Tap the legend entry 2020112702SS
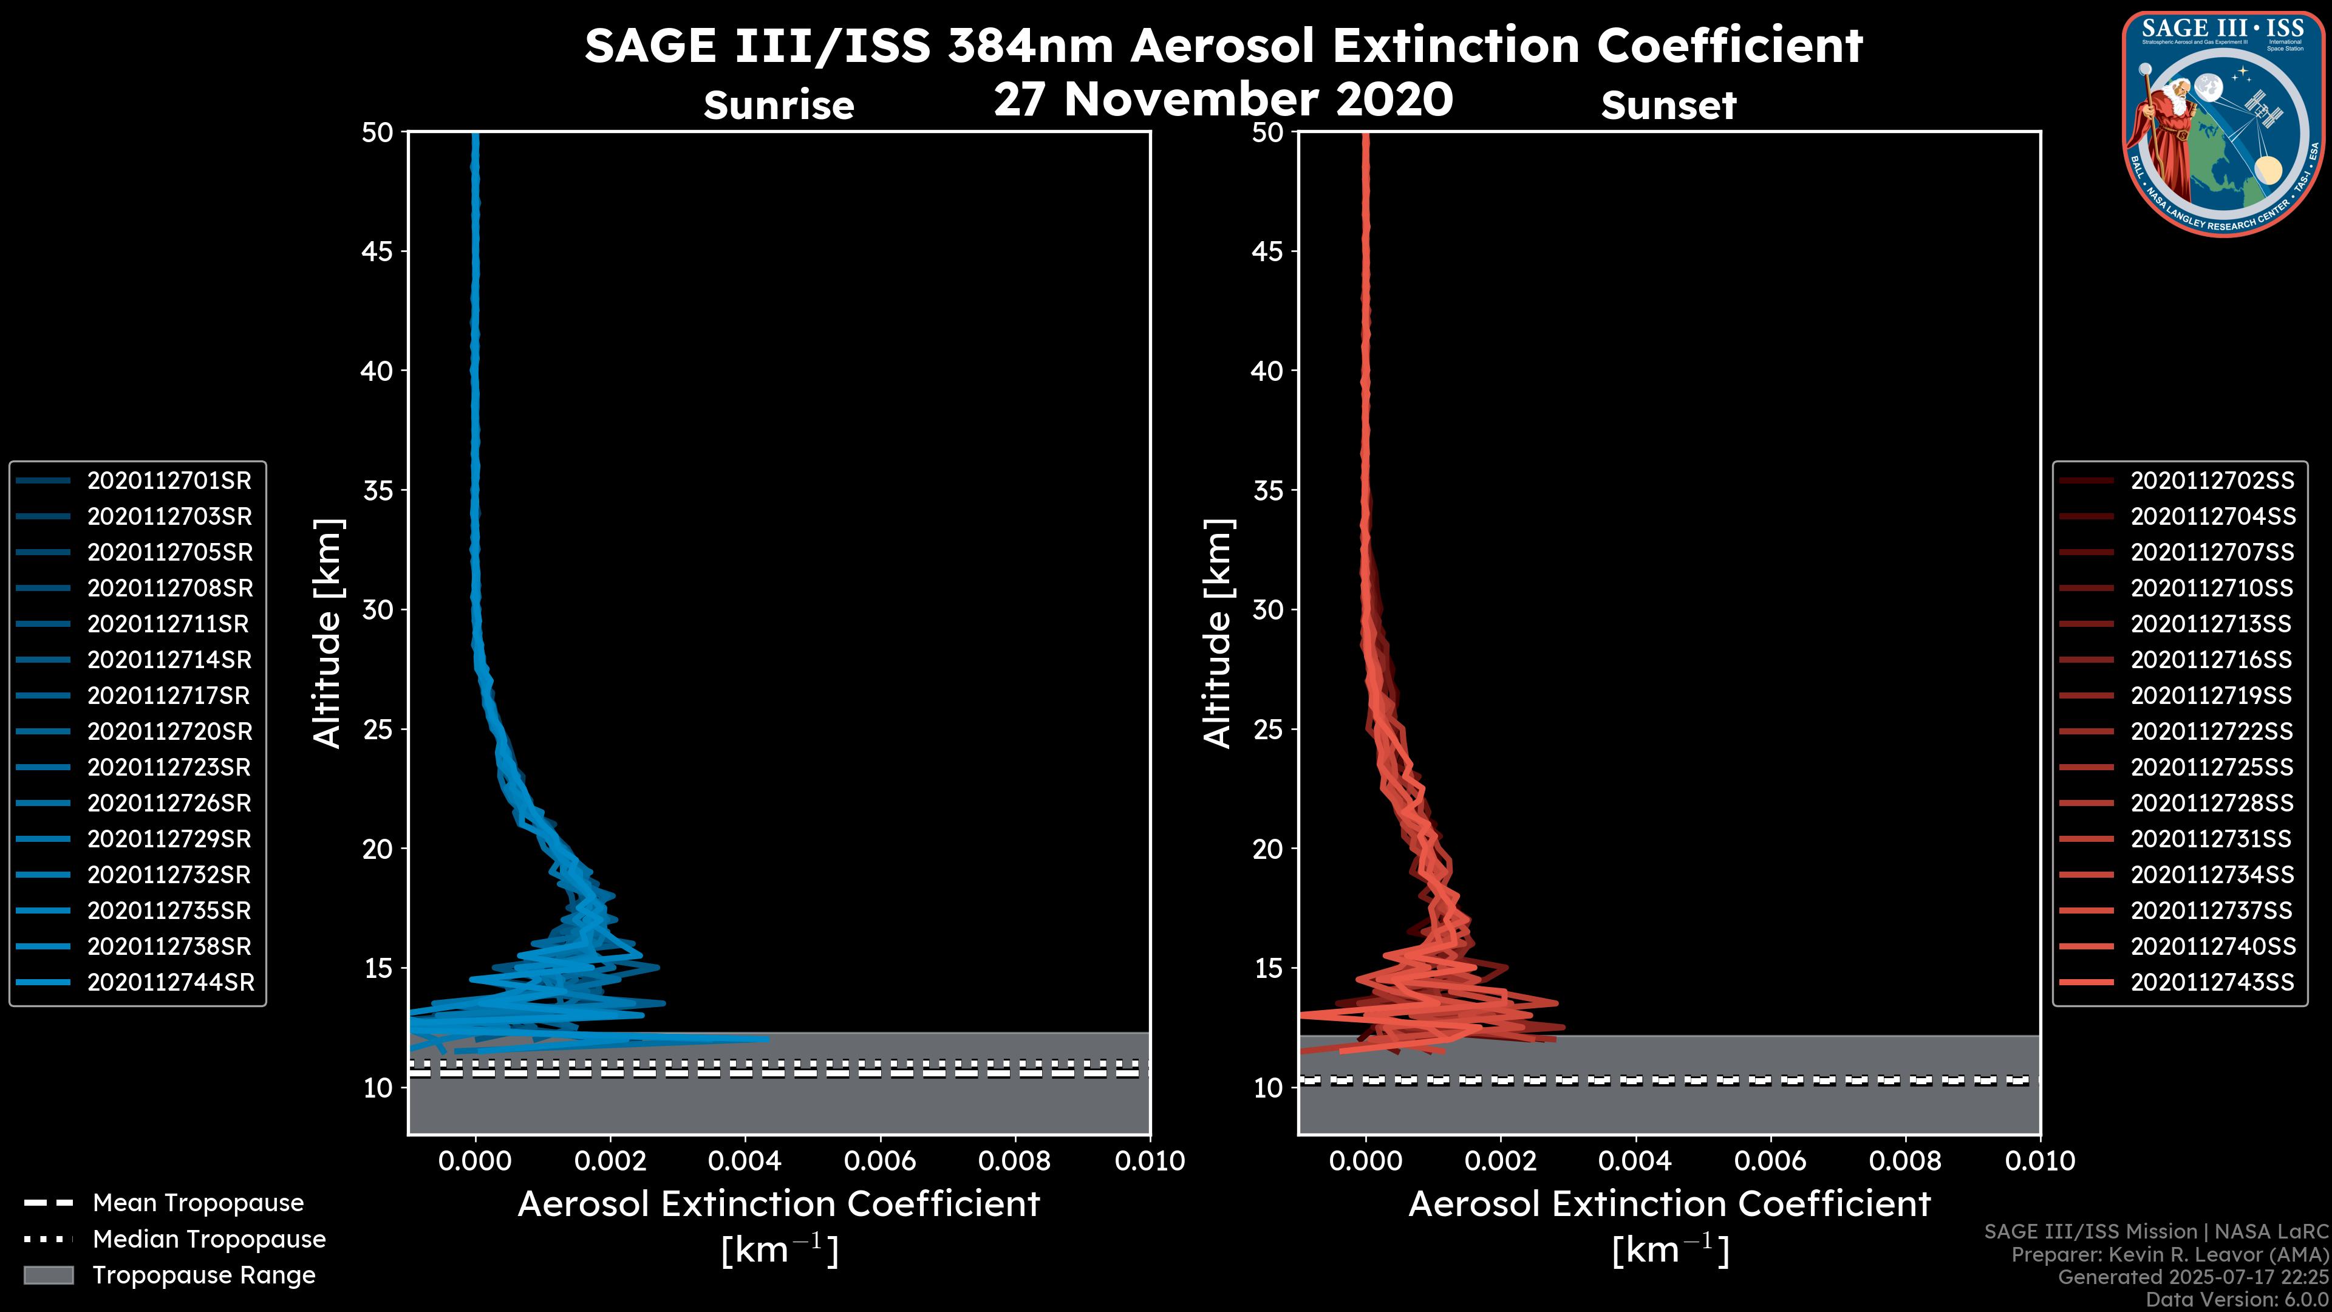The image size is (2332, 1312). (2212, 481)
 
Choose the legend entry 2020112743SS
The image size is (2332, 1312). (2212, 982)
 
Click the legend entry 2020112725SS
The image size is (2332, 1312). (2212, 768)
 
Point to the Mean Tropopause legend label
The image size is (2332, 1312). (198, 1203)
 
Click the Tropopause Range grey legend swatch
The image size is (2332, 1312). (48, 1275)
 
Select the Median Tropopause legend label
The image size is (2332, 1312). (209, 1240)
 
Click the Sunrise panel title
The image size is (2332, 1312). (779, 106)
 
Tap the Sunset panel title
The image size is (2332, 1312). (1668, 106)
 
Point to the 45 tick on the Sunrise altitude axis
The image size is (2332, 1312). (378, 251)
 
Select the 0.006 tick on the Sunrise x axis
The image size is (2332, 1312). (880, 1161)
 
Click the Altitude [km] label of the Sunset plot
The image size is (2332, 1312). (1218, 634)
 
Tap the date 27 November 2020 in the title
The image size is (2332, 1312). (1223, 100)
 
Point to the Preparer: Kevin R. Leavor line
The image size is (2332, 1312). (2169, 1255)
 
